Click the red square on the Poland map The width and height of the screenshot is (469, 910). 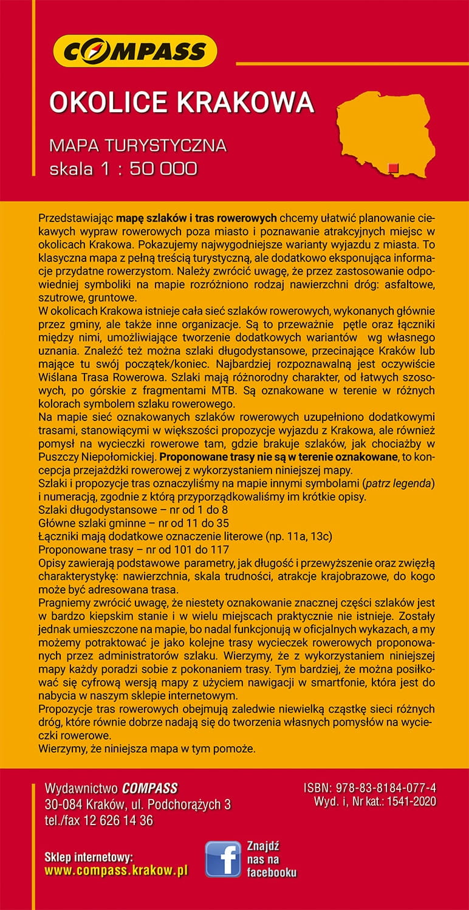[393, 168]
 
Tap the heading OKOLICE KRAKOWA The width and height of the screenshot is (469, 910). [181, 103]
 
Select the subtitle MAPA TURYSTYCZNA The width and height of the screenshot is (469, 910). [138, 146]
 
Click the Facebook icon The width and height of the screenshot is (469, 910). [222, 858]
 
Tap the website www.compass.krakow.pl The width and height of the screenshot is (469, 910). [116, 871]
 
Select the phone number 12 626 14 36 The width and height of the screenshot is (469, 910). [118, 821]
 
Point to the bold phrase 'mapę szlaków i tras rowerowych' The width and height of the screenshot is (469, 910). [197, 218]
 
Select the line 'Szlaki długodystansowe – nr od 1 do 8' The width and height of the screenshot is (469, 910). [133, 509]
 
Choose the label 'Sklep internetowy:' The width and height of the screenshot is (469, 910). [89, 857]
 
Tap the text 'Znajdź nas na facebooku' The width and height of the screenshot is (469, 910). [271, 859]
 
